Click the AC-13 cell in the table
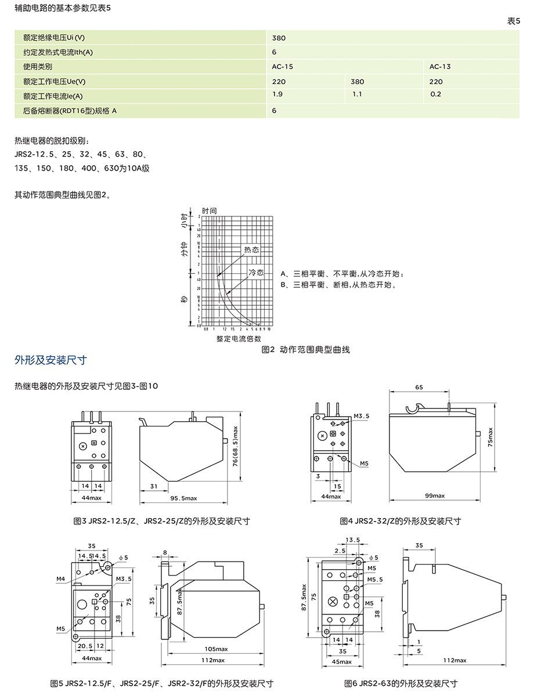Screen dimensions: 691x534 440,66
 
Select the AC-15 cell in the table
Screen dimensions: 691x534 283,66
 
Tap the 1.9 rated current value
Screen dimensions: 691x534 277,93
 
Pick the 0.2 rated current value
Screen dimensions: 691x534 435,94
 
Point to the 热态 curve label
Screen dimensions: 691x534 251,249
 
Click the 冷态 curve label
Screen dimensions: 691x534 256,272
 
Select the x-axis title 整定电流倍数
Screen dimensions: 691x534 239,338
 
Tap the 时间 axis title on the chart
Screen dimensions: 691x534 209,211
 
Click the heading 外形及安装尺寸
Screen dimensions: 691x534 50,360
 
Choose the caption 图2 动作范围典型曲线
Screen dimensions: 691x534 306,350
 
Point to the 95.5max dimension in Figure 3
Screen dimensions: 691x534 184,498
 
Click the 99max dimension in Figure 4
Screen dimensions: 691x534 435,495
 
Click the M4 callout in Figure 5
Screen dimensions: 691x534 61,579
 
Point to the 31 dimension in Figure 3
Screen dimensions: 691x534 154,486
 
